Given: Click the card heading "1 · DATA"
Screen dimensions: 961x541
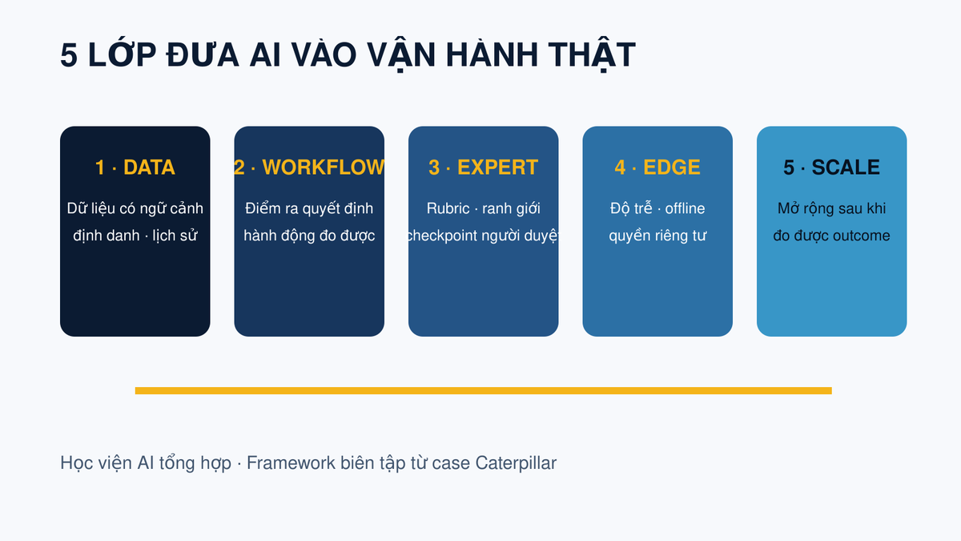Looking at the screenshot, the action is point(135,168).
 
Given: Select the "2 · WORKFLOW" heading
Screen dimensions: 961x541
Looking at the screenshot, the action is point(309,168).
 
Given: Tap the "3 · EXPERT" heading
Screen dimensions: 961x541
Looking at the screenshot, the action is point(483,168).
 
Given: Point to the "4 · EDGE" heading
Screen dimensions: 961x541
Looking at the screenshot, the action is point(657,168).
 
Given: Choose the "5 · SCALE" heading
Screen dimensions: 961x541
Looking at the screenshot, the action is point(831,168).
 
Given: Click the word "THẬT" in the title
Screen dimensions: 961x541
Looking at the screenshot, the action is point(592,55).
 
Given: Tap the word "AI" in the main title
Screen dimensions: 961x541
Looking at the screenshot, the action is point(265,55).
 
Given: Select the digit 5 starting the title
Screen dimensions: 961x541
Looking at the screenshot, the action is point(69,55).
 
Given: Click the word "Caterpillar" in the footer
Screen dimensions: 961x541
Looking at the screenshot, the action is point(516,463).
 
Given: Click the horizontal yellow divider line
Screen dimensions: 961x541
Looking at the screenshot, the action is point(484,391).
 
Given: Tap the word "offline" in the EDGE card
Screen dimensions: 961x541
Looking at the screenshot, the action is point(685,208).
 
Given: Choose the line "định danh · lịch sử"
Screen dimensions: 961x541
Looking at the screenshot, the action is point(135,236).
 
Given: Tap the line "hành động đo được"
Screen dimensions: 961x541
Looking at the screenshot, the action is point(309,236).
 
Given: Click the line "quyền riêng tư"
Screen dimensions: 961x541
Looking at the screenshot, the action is point(657,236).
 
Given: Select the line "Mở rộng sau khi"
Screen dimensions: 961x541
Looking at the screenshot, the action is point(831,208).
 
